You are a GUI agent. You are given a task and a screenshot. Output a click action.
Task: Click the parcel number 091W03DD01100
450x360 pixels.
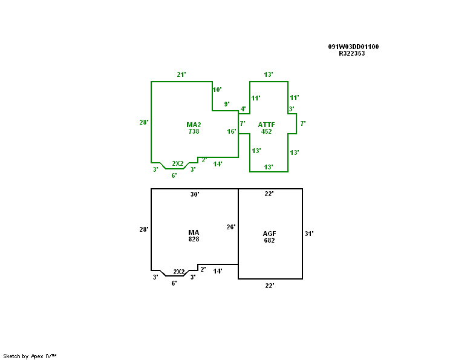[353, 47]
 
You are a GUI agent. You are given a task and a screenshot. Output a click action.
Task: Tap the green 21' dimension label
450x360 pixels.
[181, 74]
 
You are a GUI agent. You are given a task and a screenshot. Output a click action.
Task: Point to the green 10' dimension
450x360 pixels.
[217, 90]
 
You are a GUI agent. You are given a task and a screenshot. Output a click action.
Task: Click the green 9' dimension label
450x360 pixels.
[227, 104]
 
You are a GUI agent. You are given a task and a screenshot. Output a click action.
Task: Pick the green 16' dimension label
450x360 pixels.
[232, 131]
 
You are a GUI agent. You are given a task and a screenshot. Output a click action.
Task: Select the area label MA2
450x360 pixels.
[194, 125]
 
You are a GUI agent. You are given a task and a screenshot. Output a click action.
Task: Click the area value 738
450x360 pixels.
[194, 131]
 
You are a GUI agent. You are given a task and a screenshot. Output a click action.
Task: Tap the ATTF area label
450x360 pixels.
[266, 125]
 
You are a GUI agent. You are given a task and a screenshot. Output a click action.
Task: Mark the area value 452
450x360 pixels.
[266, 131]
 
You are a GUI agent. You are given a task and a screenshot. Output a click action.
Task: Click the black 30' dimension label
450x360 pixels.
[195, 194]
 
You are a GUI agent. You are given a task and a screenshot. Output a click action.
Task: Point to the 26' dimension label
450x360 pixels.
[231, 227]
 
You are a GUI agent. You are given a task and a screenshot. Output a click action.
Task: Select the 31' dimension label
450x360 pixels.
[309, 233]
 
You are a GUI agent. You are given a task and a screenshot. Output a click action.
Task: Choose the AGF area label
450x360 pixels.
[270, 234]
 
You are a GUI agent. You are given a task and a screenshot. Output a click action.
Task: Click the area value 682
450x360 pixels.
[270, 240]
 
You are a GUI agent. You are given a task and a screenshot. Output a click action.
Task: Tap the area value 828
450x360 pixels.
[194, 239]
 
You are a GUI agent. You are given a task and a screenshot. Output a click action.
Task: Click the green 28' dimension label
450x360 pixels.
[144, 122]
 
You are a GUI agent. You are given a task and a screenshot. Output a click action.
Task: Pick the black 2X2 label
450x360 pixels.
[179, 272]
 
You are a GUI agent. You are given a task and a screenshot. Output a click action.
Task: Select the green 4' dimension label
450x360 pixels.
[243, 109]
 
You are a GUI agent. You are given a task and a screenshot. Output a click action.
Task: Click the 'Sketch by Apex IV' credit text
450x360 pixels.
[30, 356]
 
